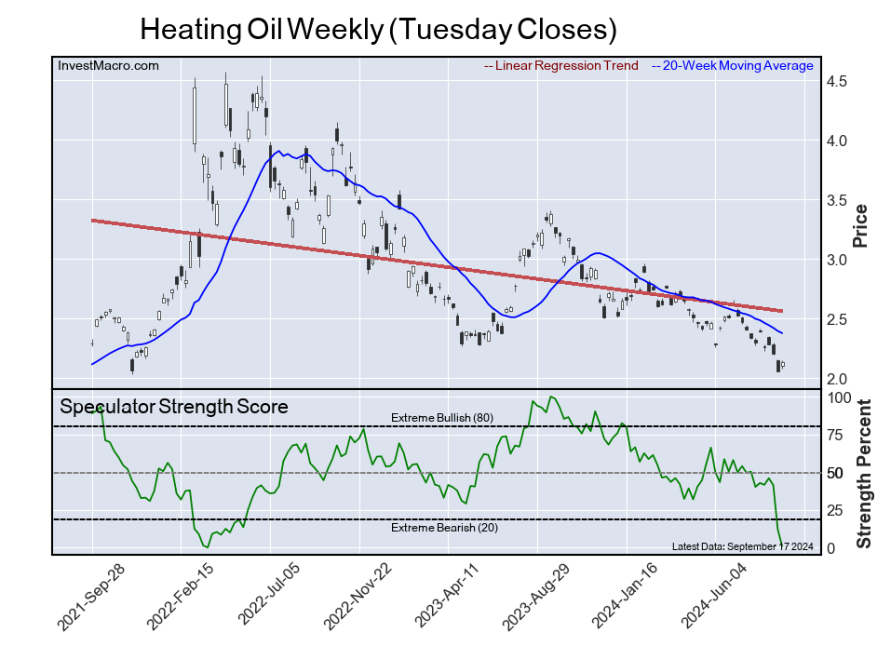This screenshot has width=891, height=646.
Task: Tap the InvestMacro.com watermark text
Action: (108, 65)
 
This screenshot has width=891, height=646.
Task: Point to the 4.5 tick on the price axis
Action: (836, 82)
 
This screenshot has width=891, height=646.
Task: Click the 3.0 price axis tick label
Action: (836, 260)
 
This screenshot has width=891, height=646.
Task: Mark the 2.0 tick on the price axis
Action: (836, 379)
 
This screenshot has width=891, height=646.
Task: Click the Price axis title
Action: (860, 225)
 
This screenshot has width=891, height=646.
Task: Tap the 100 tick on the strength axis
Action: (840, 397)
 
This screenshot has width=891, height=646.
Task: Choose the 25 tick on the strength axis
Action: (836, 510)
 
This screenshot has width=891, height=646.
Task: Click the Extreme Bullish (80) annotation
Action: (441, 418)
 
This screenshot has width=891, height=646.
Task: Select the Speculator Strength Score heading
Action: (174, 407)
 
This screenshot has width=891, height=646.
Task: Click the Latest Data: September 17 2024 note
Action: (741, 546)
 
